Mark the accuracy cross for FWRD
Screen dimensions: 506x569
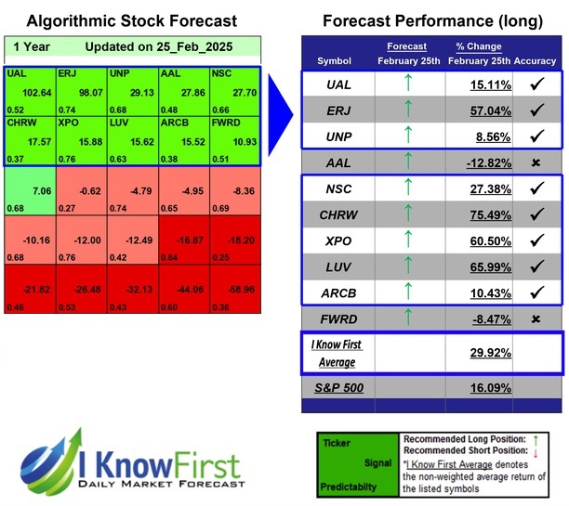tap(535, 319)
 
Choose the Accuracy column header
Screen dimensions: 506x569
tap(535, 60)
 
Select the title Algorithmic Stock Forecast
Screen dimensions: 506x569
tap(131, 20)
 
